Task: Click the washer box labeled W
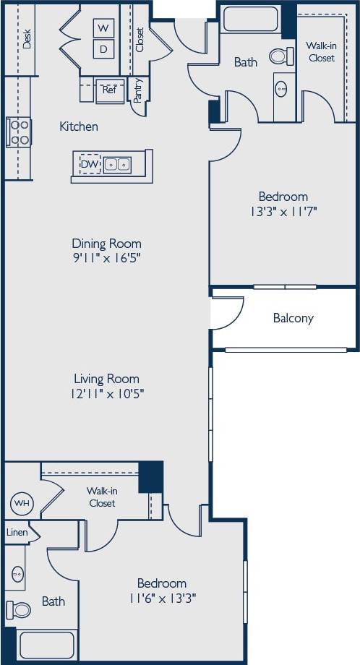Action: click(103, 27)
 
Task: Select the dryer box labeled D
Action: click(103, 49)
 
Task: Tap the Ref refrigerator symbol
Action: click(109, 90)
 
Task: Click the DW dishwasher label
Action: click(90, 164)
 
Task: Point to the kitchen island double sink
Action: click(117, 165)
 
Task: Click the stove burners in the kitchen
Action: click(19, 132)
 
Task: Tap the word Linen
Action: click(17, 532)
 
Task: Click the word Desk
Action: click(27, 38)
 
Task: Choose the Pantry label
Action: click(139, 91)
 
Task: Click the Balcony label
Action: click(293, 318)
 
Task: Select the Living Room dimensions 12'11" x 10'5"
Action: click(106, 394)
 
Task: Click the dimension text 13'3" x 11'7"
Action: click(283, 211)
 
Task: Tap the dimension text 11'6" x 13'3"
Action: click(162, 598)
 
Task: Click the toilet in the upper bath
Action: click(280, 55)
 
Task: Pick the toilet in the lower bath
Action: click(20, 609)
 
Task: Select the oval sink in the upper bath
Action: click(281, 90)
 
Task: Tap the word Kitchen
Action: click(78, 126)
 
